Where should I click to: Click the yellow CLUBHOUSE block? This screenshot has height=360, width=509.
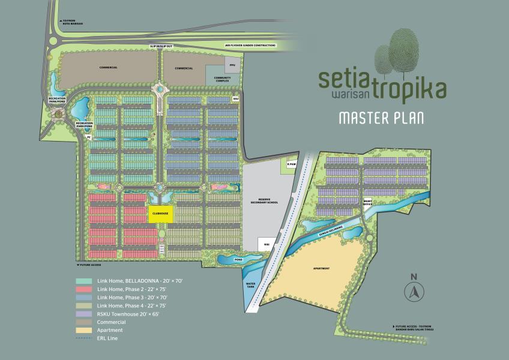(x=159, y=215)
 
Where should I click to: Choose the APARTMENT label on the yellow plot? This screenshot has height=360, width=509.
(x=321, y=268)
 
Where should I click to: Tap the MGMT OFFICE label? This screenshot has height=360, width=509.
(x=368, y=204)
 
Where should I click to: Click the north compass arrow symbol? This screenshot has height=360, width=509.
(x=413, y=292)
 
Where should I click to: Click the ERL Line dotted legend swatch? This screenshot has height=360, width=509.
(x=84, y=339)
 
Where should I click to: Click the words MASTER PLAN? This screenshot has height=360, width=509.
(x=381, y=118)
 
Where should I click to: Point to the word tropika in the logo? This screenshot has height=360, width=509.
(x=408, y=90)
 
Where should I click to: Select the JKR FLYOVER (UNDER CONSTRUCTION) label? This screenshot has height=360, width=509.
(x=250, y=45)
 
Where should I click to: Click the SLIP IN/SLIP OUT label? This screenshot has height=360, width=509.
(x=161, y=46)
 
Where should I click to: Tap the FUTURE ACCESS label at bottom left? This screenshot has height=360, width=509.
(x=89, y=264)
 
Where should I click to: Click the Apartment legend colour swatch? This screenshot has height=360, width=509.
(x=84, y=331)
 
